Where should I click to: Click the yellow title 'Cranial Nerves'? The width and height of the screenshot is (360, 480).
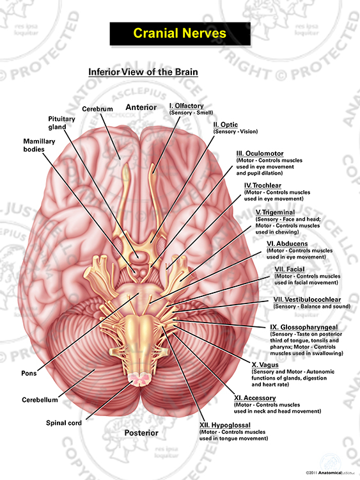180,33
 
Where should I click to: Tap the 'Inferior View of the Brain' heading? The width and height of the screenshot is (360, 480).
143,72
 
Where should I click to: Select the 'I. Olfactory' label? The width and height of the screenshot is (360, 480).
187,106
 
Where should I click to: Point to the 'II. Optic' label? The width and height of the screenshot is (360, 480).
226,125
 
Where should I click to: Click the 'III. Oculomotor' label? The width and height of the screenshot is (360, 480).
260,154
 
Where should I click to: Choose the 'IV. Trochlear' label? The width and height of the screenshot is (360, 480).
263,186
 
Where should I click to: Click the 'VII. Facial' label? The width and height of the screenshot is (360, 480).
290,269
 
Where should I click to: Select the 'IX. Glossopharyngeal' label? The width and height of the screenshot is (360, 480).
304,327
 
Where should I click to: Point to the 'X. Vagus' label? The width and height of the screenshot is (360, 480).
265,365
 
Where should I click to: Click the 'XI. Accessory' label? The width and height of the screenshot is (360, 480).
255,398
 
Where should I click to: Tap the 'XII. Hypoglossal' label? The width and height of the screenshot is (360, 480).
225,425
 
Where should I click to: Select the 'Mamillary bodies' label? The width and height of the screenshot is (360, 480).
39,145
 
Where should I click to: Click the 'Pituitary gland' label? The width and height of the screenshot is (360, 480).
61,123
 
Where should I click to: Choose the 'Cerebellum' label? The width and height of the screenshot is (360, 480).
40,400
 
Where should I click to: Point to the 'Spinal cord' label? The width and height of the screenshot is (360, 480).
64,423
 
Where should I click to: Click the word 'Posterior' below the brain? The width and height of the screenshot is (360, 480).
141,433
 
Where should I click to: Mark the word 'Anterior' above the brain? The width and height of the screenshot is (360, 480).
141,107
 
